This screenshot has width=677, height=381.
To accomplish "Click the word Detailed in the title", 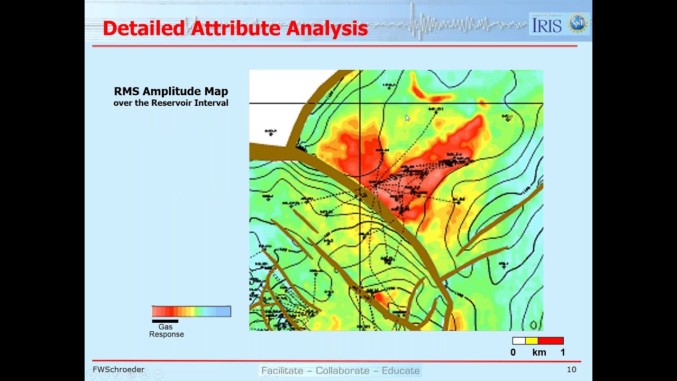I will click(x=143, y=29).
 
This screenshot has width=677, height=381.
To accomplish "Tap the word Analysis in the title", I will click(x=327, y=29).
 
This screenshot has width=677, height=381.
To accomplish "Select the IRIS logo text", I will click(x=547, y=25).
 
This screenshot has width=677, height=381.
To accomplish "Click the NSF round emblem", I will click(x=577, y=24).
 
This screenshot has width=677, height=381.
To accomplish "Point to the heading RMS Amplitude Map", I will click(x=171, y=92).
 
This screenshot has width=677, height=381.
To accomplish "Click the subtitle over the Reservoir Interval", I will click(x=171, y=103).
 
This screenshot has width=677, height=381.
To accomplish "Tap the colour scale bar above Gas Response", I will click(x=191, y=311).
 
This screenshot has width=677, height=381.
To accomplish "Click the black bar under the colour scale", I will click(x=165, y=321).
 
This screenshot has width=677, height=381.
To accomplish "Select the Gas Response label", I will click(x=166, y=331).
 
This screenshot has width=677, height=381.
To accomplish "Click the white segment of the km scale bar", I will click(x=519, y=341).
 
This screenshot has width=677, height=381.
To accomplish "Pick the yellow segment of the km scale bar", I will click(x=532, y=341).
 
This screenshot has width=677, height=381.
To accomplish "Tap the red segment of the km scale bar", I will click(x=551, y=341).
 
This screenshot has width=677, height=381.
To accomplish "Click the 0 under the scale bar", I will click(x=513, y=352).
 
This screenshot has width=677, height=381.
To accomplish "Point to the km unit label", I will click(x=539, y=352).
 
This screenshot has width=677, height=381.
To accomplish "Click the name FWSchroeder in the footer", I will click(x=118, y=369).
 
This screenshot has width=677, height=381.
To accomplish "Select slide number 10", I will click(x=571, y=369).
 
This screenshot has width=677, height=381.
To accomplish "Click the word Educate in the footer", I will click(x=400, y=370).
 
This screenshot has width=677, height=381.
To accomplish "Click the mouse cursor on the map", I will click(x=408, y=118).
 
